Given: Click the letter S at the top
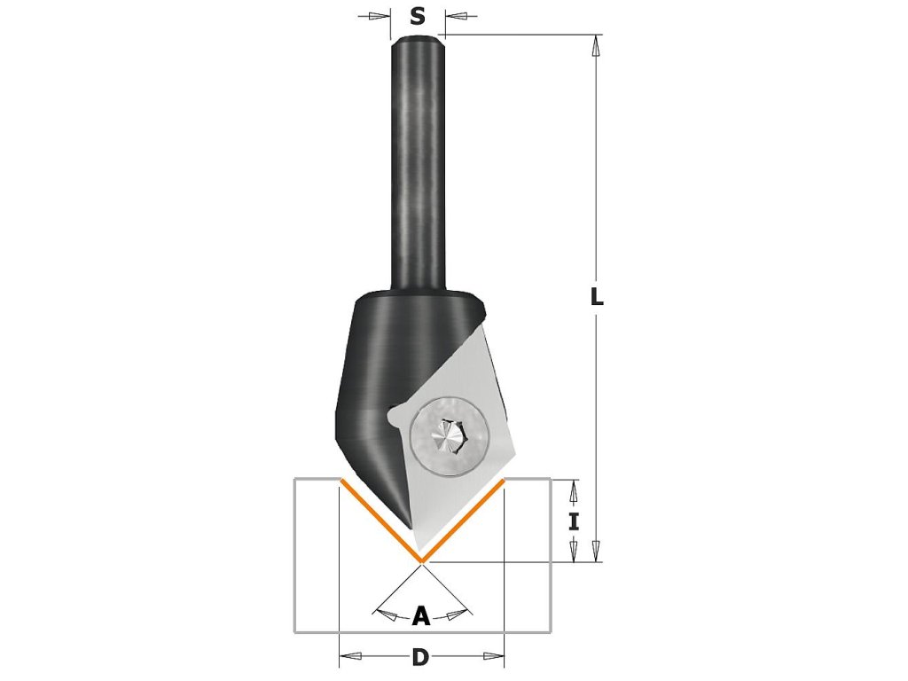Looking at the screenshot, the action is tap(418, 15).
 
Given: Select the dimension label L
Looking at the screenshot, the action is tap(597, 296).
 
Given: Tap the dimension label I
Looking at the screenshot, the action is tap(574, 521).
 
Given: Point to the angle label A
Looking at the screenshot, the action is tap(421, 614).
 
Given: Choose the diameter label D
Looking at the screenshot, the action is tap(420, 657).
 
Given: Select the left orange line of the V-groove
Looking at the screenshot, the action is tap(380, 521).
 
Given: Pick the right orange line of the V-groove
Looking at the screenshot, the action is tap(463, 521).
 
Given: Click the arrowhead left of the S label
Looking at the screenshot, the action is tap(380, 15).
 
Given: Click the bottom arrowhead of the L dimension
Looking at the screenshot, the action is tap(597, 551).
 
